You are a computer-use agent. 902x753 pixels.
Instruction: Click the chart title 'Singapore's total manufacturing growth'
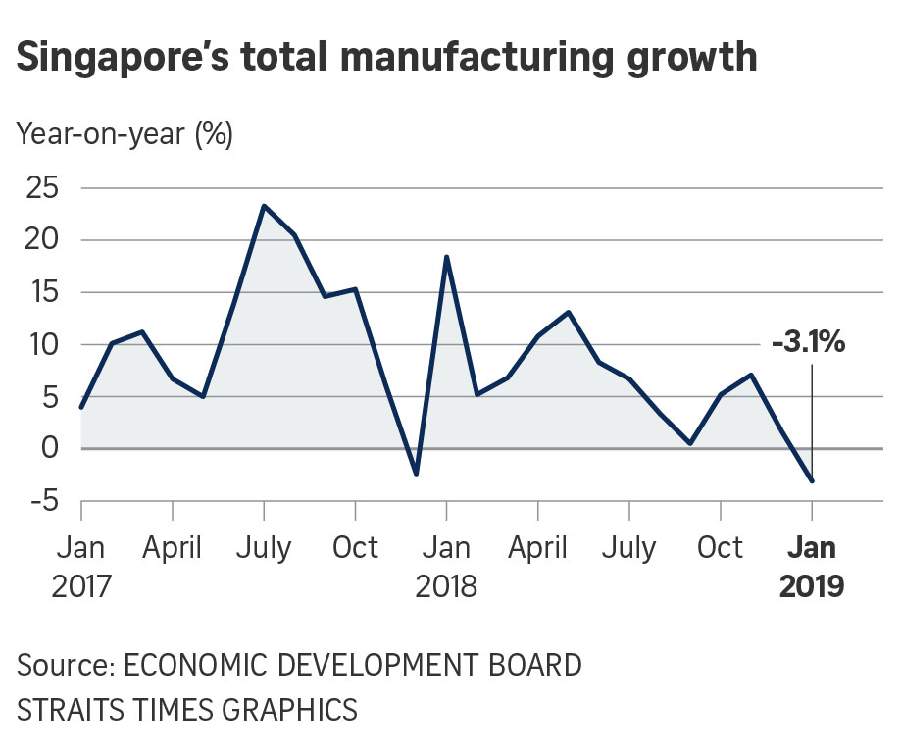pyautogui.click(x=387, y=57)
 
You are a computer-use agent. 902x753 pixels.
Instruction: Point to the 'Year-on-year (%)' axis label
pyautogui.click(x=125, y=134)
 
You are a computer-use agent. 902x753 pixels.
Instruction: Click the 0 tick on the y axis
pyautogui.click(x=50, y=449)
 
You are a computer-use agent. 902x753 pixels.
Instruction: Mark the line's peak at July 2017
pyautogui.click(x=264, y=206)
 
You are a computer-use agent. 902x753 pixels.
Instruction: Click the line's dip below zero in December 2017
pyautogui.click(x=417, y=475)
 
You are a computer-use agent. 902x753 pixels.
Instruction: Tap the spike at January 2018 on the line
pyautogui.click(x=447, y=257)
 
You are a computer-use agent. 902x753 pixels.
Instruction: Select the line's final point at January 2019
pyautogui.click(x=812, y=480)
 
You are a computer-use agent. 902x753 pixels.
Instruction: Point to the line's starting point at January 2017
pyautogui.click(x=81, y=407)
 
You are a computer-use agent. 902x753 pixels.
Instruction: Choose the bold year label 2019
pyautogui.click(x=812, y=587)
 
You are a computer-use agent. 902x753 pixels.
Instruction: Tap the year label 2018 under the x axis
pyautogui.click(x=447, y=587)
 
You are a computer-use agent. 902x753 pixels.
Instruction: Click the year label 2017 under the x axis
pyautogui.click(x=81, y=587)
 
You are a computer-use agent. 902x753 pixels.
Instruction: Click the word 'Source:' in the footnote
pyautogui.click(x=62, y=666)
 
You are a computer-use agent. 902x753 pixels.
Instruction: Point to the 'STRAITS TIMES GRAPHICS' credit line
pyautogui.click(x=186, y=709)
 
